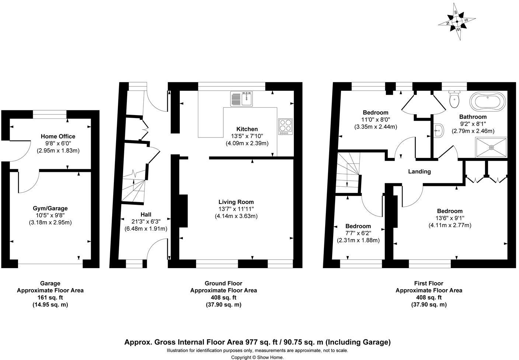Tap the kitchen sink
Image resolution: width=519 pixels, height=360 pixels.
point(241,99)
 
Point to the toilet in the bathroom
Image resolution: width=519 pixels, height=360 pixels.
point(454,98)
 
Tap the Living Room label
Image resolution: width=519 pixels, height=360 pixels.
point(236,202)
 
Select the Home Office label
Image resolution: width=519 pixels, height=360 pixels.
point(58,136)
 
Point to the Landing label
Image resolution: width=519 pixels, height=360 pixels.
point(419,172)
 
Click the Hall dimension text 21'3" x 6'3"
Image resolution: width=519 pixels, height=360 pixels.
point(146,222)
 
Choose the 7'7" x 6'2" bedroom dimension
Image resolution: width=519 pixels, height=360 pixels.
point(358,233)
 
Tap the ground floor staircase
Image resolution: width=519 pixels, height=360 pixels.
point(133,188)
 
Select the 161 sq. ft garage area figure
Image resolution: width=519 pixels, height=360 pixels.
point(50,297)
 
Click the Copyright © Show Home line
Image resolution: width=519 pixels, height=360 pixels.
point(257,357)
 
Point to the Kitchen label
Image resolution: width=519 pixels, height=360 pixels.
point(247,129)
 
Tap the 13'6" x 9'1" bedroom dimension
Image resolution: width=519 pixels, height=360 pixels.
point(450,218)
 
